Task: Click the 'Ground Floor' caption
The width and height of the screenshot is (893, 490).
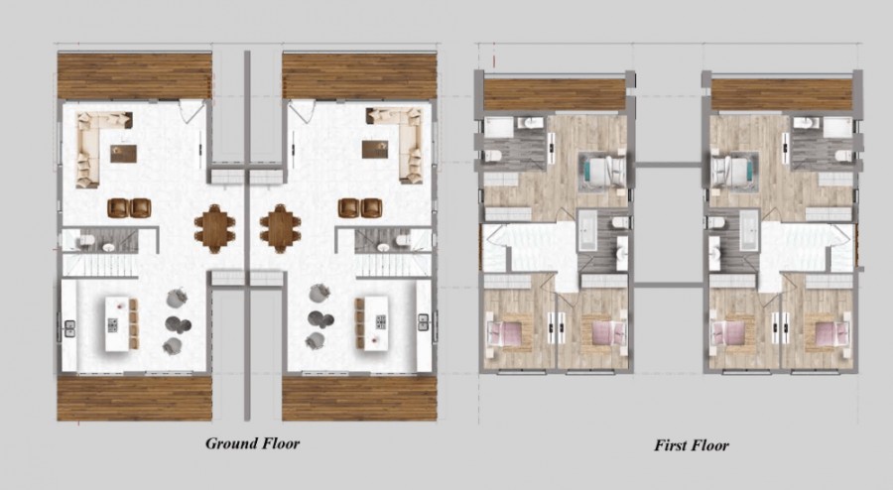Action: (252, 443)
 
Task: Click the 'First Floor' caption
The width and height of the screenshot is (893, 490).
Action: (692, 445)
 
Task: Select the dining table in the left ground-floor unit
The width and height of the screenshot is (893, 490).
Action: (214, 228)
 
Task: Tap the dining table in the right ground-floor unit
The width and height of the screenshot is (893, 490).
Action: (280, 228)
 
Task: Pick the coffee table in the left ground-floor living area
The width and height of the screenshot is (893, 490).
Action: (124, 154)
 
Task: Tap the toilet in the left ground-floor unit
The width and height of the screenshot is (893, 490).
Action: (85, 241)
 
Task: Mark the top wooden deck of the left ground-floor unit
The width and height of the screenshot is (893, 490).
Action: (134, 75)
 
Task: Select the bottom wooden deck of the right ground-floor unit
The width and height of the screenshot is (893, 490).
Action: (359, 398)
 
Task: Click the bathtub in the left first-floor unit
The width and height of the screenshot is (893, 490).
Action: (587, 230)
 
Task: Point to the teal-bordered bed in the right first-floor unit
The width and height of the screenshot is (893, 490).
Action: (735, 170)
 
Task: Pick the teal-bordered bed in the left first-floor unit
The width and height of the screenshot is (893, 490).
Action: (602, 170)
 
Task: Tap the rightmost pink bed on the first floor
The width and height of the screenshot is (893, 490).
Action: (828, 333)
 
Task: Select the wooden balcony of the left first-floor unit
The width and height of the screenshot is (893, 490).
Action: (554, 94)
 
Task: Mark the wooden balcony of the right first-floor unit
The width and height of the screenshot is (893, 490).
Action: (782, 94)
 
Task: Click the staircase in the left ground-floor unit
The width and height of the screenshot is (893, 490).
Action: (100, 265)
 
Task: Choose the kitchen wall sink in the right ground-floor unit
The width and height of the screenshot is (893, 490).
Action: (423, 322)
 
